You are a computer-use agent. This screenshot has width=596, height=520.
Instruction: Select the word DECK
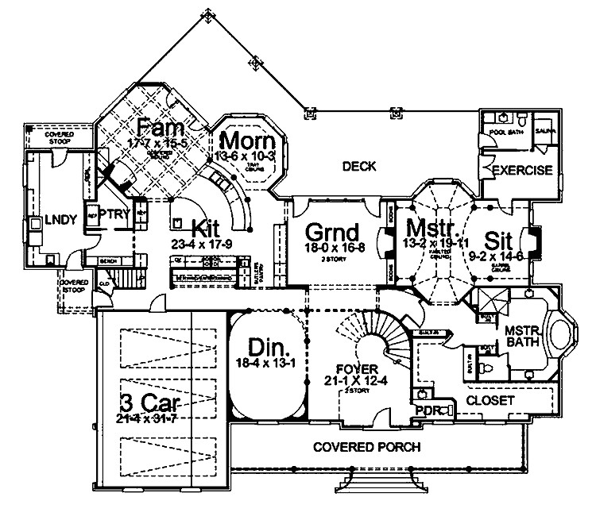coord(358,166)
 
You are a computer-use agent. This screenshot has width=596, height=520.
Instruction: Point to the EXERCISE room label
coord(522,171)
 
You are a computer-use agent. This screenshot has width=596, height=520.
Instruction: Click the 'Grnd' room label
coord(333,233)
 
